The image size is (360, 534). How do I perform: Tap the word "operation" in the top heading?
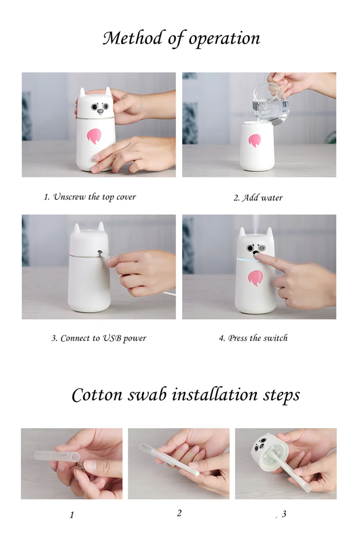(x=224, y=39)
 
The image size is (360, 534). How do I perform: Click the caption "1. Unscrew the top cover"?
(x=90, y=197)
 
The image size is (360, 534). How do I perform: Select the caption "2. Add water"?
(x=258, y=198)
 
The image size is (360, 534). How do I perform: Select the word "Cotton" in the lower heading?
(x=97, y=402)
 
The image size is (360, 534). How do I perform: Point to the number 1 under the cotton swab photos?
(x=72, y=515)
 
